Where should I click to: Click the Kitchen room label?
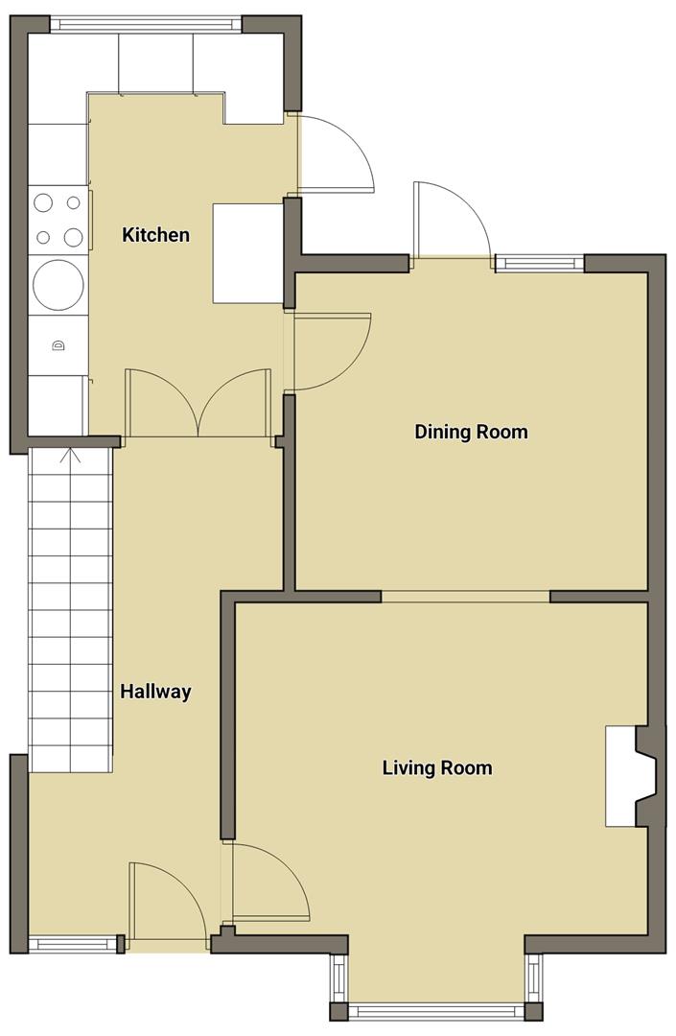click(x=155, y=234)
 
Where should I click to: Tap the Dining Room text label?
click(x=471, y=432)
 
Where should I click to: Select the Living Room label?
click(x=436, y=767)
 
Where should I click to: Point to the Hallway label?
click(x=154, y=691)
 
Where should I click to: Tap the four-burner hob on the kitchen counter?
click(x=58, y=220)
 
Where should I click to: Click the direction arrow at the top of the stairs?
click(x=71, y=459)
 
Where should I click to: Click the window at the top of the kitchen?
click(x=146, y=23)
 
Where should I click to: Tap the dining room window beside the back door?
click(x=539, y=263)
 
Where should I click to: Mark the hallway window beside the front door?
click(x=73, y=944)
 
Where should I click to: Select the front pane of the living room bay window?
click(x=436, y=1010)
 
